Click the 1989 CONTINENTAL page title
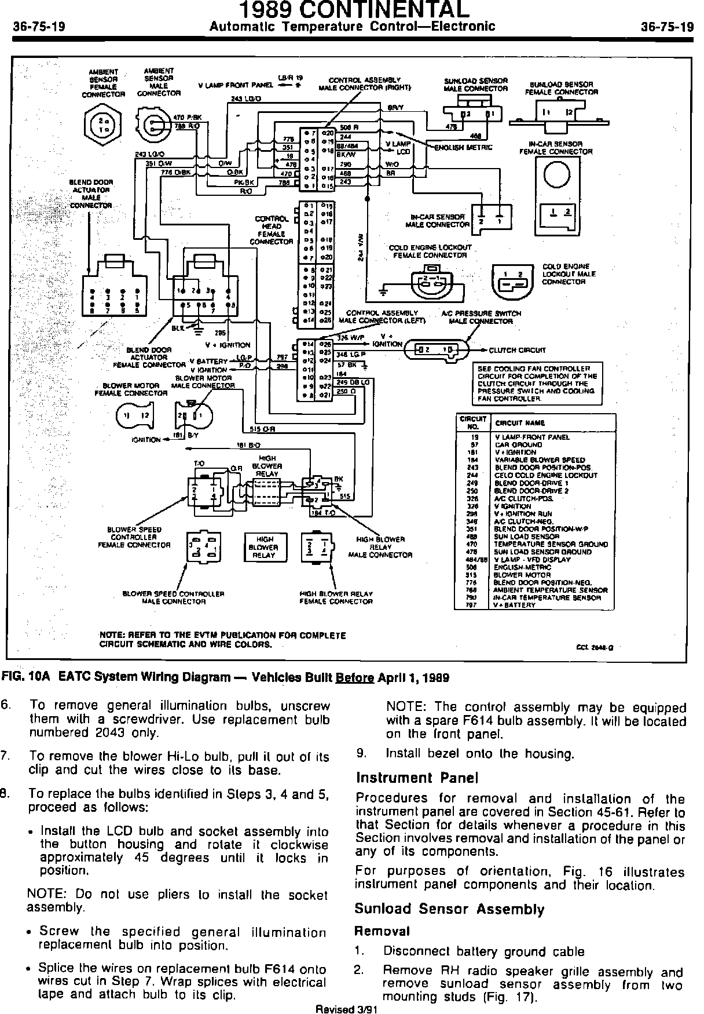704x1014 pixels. point(352,10)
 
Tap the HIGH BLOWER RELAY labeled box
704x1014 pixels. point(263,547)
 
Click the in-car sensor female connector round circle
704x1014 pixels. point(556,174)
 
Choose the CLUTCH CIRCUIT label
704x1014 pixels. point(517,350)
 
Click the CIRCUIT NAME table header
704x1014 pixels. point(519,422)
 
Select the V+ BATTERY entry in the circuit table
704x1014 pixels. point(515,605)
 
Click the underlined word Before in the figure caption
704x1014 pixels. point(354,677)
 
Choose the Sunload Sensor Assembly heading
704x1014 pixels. point(449,909)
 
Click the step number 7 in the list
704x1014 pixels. point(5,756)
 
